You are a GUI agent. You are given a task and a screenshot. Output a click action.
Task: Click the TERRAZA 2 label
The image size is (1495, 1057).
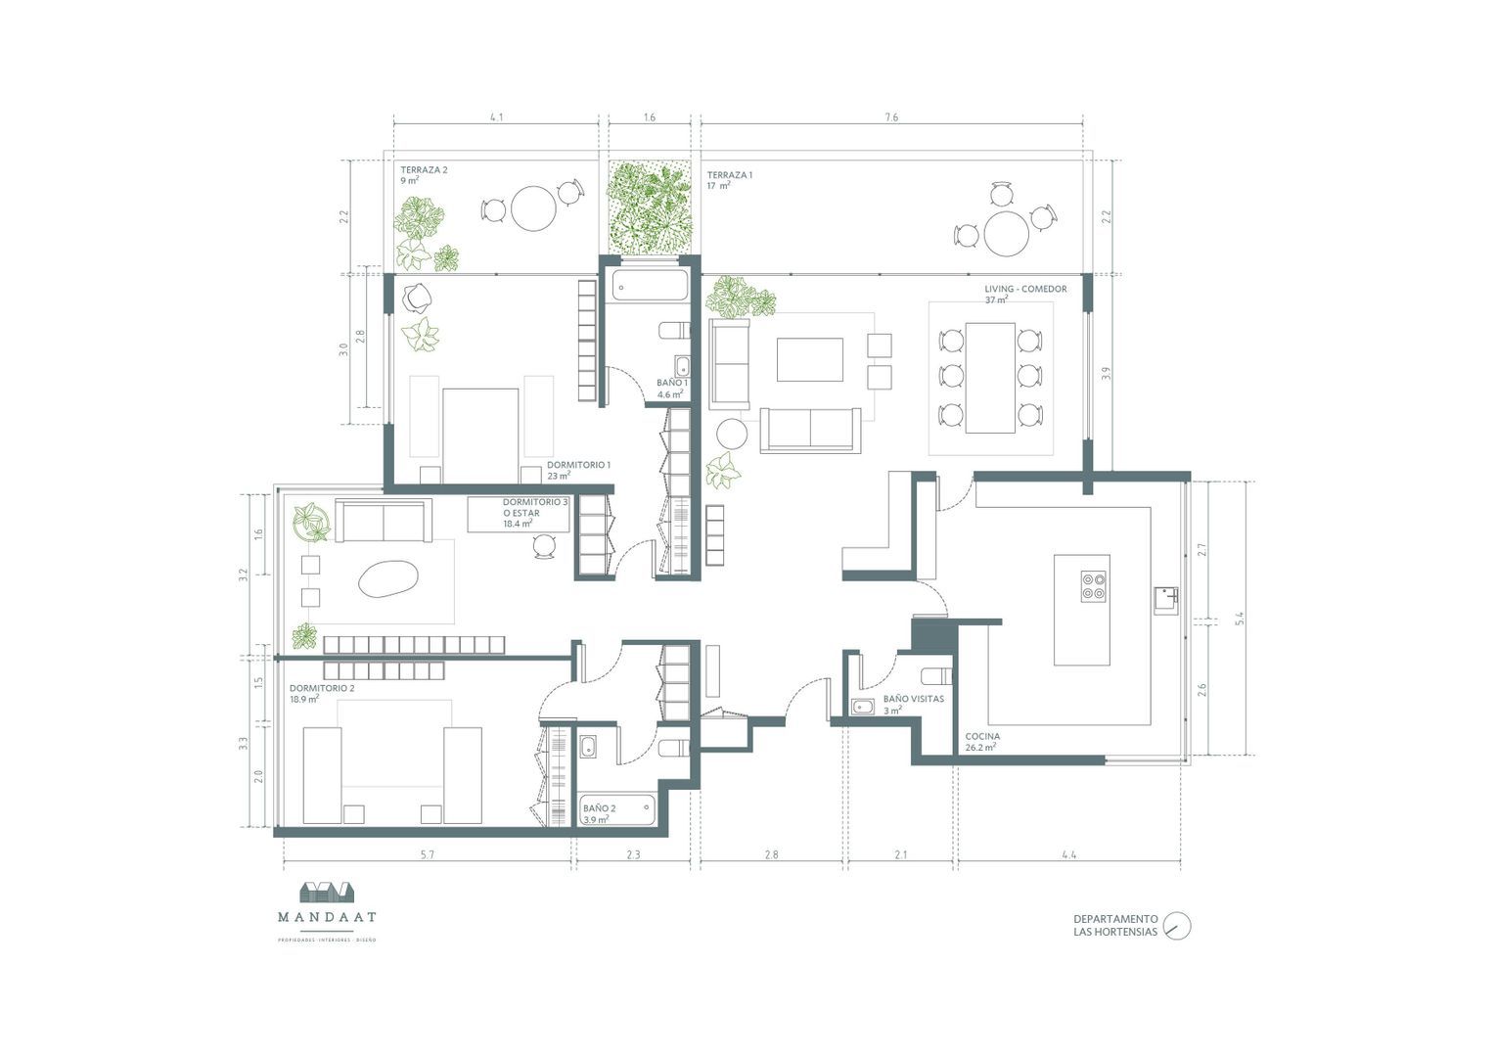click(423, 170)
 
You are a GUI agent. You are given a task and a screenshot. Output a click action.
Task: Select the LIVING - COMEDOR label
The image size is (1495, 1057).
click(1025, 290)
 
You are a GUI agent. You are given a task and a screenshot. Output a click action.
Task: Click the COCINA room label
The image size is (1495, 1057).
click(982, 737)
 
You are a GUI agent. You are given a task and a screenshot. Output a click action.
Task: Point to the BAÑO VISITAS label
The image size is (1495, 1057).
click(913, 700)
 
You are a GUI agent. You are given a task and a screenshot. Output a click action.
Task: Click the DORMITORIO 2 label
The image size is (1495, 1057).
click(321, 688)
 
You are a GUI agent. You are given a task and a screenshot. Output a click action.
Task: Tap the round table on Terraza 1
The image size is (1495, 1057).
click(1006, 234)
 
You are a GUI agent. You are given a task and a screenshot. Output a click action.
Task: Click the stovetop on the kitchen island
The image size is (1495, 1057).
click(1094, 585)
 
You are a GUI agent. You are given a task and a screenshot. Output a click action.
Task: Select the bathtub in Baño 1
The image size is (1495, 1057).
click(650, 286)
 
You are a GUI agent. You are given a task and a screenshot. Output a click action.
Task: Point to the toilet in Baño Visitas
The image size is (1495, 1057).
click(935, 675)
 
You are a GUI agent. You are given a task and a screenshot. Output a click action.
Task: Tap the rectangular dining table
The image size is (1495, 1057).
click(990, 377)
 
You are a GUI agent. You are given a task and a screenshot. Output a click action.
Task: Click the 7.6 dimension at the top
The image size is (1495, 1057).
click(890, 117)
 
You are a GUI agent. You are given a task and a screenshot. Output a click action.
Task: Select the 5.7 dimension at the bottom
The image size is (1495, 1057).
click(427, 855)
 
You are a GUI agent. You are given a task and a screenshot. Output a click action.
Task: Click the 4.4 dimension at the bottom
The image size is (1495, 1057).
click(1068, 855)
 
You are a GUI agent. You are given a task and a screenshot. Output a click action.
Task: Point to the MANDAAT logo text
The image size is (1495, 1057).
click(326, 918)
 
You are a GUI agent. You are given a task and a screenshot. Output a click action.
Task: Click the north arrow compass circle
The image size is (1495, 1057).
click(1177, 926)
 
